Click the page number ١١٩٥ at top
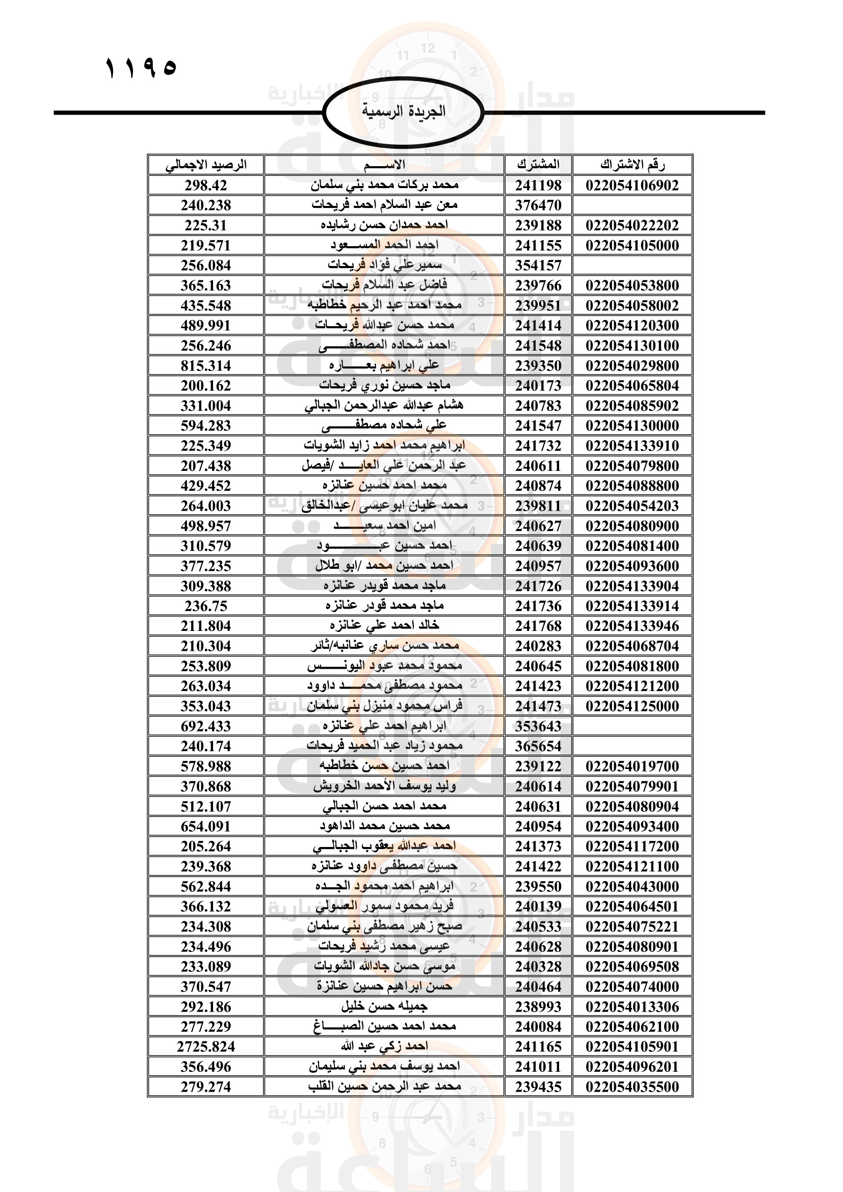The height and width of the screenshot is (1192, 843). click(x=141, y=68)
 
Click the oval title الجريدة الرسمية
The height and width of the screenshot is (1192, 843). click(x=403, y=112)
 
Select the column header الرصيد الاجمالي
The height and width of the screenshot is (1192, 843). click(x=205, y=165)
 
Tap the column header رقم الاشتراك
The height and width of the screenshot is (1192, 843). click(x=631, y=165)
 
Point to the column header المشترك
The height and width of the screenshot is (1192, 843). click(x=538, y=165)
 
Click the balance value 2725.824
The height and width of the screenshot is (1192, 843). click(x=205, y=1047)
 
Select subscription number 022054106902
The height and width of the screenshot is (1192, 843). click(x=631, y=186)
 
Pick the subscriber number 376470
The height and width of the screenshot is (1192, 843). click(x=538, y=205)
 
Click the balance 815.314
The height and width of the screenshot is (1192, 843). click(x=205, y=366)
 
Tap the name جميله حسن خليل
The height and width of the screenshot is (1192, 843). click(x=384, y=1006)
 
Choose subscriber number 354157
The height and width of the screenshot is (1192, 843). click(x=538, y=266)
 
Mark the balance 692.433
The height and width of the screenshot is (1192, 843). click(x=205, y=726)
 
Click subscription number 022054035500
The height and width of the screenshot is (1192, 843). click(x=631, y=1087)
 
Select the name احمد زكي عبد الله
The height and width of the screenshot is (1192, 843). click(x=384, y=1047)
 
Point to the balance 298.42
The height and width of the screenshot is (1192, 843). click(x=205, y=186)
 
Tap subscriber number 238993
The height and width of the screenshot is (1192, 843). click(x=538, y=1006)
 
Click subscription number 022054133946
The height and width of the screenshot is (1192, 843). click(x=631, y=626)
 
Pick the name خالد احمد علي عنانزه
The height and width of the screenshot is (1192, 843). click(x=384, y=626)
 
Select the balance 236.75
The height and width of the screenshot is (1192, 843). click(x=205, y=606)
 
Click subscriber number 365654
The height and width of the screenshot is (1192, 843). click(x=538, y=747)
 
